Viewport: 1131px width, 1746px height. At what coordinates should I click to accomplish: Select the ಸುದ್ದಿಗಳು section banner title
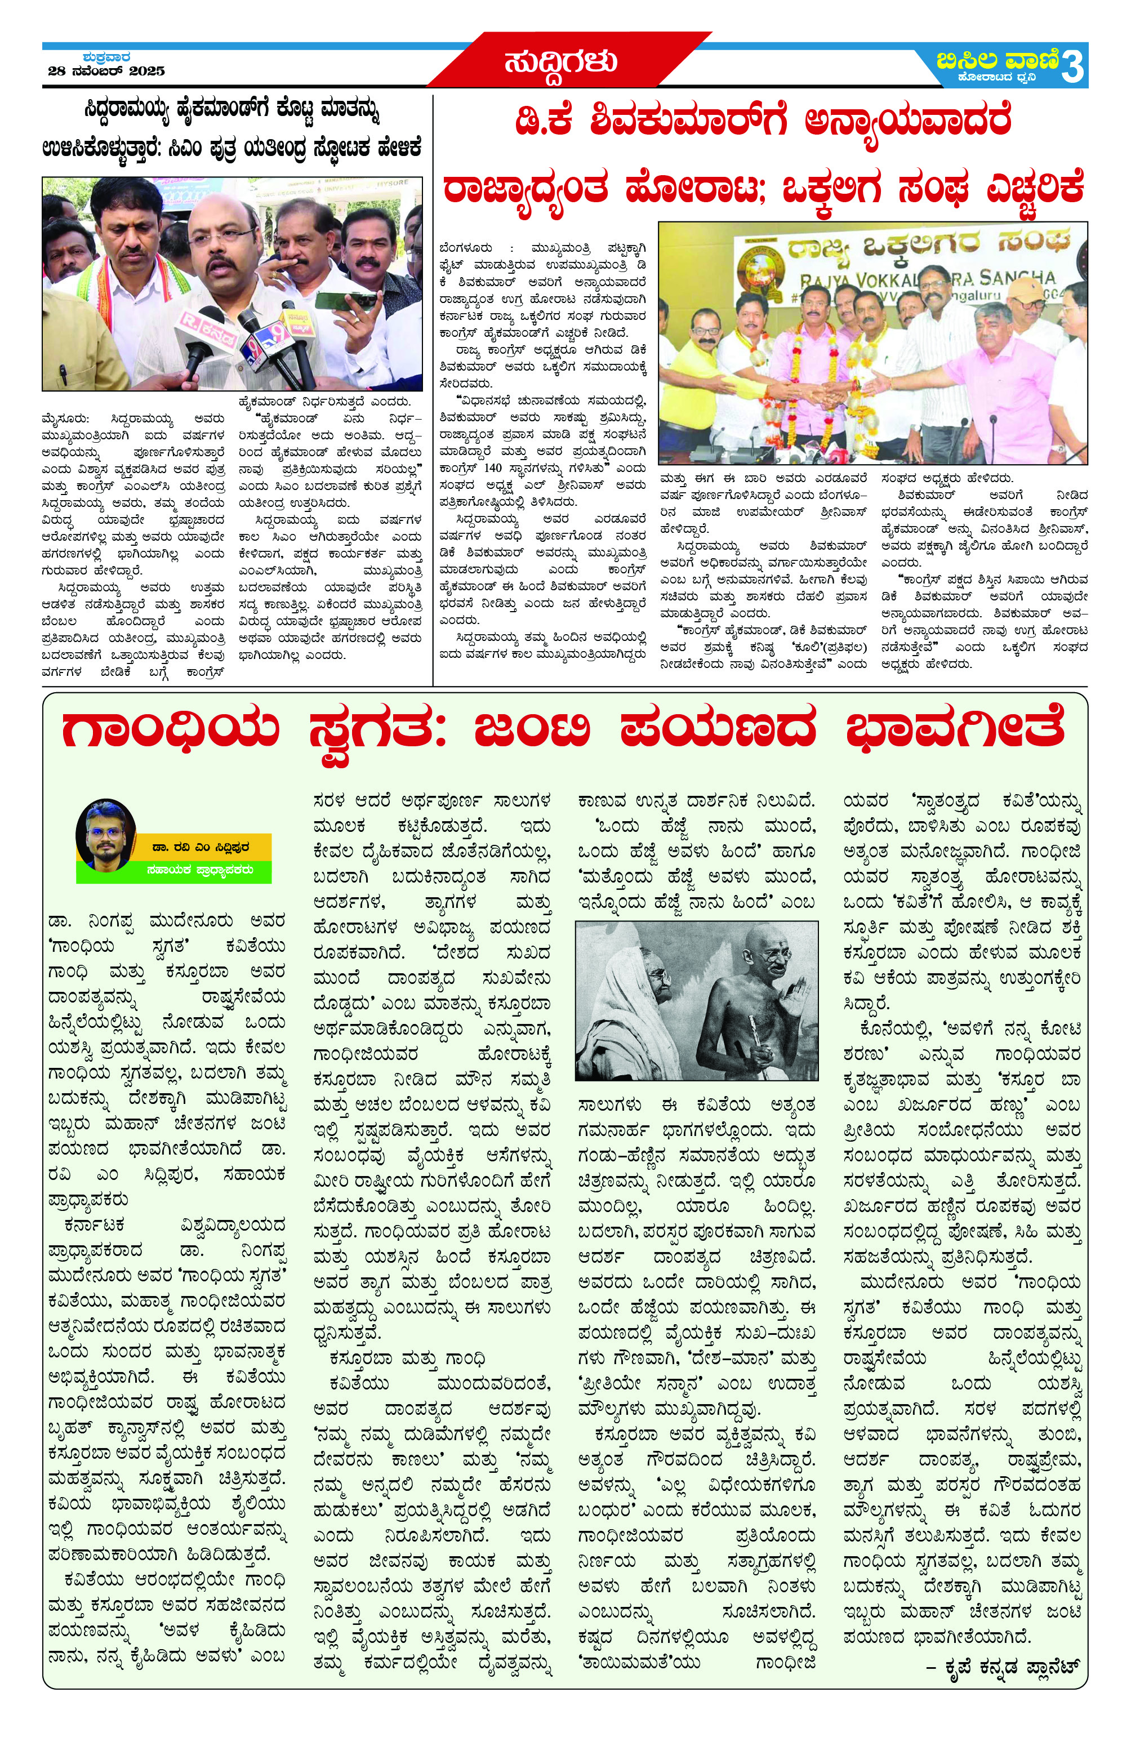pyautogui.click(x=560, y=63)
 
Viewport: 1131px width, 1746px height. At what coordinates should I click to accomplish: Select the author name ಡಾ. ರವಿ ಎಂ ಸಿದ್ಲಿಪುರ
pyautogui.click(x=199, y=846)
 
